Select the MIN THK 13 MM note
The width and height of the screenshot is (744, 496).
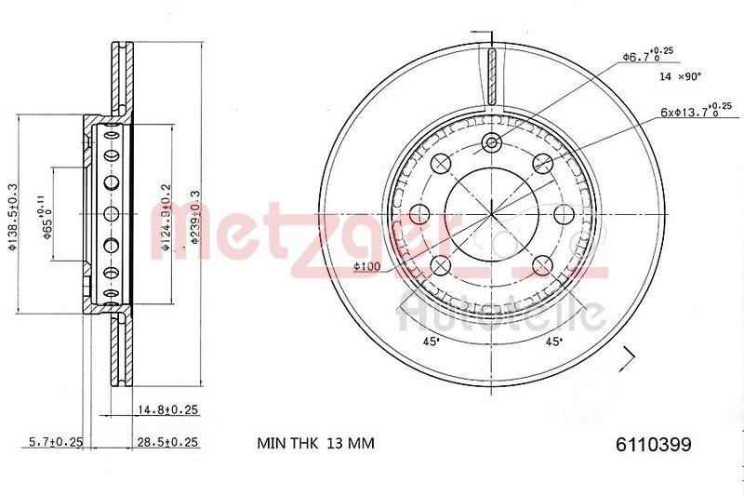[314, 444]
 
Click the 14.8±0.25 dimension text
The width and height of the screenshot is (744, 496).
[168, 409]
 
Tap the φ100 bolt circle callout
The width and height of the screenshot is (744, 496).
[367, 268]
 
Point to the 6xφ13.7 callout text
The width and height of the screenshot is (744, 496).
[688, 111]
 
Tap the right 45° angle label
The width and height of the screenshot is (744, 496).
[553, 342]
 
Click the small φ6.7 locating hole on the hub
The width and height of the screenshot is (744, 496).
[492, 143]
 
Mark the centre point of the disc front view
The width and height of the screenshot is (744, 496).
[492, 214]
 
